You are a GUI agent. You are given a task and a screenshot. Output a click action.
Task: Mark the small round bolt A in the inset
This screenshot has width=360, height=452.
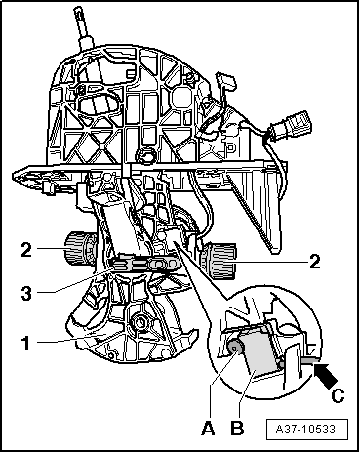[x=237, y=346]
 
